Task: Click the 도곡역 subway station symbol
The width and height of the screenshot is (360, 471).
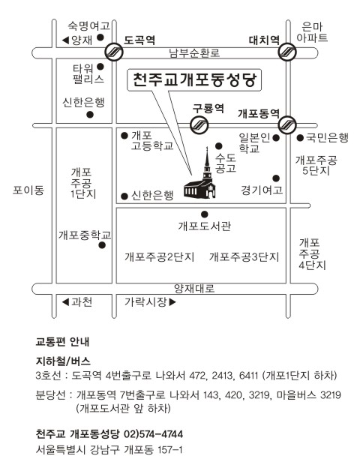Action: (x=114, y=52)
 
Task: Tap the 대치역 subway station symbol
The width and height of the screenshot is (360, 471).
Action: (x=287, y=52)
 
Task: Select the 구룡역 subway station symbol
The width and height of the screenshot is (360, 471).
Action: (x=199, y=124)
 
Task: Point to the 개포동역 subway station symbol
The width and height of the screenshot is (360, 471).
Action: (x=287, y=124)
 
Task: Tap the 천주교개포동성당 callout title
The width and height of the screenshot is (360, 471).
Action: (x=195, y=80)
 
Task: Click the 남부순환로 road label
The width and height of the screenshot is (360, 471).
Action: (x=194, y=52)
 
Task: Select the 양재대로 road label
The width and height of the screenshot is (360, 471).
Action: (x=194, y=289)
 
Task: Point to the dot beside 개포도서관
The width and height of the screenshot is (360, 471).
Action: (x=205, y=214)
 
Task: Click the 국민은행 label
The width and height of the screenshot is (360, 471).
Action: (x=327, y=137)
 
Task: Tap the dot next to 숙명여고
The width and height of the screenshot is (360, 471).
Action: (x=100, y=37)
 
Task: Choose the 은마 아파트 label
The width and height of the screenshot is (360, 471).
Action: (x=312, y=32)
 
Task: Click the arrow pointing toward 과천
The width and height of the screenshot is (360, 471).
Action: (x=65, y=301)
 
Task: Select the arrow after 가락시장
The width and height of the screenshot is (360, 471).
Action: (x=172, y=302)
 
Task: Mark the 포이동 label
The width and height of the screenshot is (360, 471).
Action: (x=28, y=190)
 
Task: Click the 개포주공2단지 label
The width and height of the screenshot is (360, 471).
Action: (x=160, y=256)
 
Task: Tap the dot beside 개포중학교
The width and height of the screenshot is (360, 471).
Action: (x=102, y=245)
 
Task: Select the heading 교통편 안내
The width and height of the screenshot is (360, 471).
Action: (x=62, y=342)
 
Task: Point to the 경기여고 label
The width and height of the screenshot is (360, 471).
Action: (x=262, y=190)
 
